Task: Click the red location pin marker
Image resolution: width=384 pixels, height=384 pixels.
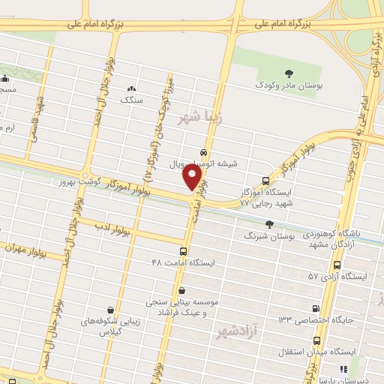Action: tap(193, 177)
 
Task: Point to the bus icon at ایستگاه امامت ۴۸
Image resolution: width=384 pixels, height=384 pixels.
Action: tap(184, 251)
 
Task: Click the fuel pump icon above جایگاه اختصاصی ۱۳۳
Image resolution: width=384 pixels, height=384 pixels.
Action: tap(315, 308)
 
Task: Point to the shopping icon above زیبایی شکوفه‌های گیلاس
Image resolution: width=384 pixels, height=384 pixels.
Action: tap(111, 309)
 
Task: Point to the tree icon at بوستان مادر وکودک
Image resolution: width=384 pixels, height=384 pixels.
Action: tap(264, 74)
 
